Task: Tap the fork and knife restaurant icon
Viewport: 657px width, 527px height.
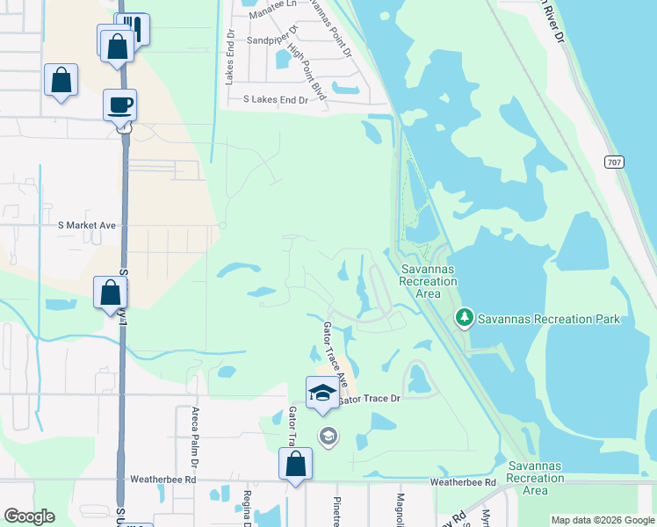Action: click(x=134, y=28)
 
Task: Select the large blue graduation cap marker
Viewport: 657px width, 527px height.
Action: click(x=322, y=393)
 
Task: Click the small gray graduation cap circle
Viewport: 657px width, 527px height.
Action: click(x=328, y=435)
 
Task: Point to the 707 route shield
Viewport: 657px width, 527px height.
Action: click(x=615, y=162)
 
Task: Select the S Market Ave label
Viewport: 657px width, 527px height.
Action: click(x=87, y=226)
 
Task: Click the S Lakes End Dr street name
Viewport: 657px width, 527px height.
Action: click(x=276, y=100)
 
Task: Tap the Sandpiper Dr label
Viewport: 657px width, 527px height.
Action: click(x=272, y=40)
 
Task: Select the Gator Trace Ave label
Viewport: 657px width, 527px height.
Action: click(x=336, y=355)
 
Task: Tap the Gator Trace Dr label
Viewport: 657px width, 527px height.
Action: click(x=369, y=398)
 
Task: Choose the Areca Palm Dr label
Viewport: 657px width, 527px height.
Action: click(x=196, y=437)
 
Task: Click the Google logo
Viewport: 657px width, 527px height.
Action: click(x=29, y=516)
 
